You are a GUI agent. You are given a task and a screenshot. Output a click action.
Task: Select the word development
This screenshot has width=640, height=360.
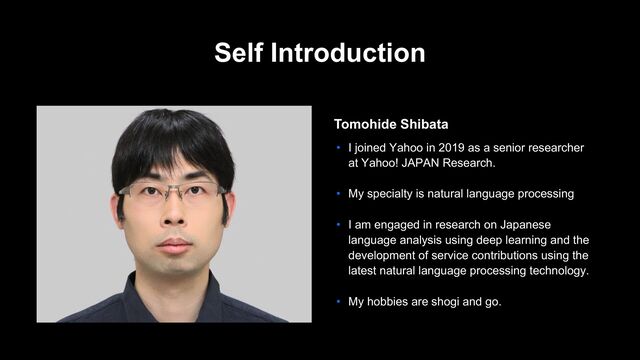(385, 255)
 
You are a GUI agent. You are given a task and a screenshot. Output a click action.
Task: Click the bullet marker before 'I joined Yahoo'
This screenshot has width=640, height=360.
(339, 148)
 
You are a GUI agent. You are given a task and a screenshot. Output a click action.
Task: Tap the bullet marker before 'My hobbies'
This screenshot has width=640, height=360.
(339, 301)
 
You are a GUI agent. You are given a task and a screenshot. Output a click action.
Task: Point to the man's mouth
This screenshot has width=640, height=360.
(173, 243)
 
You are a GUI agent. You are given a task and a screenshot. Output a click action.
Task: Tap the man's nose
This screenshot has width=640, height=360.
(173, 215)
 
